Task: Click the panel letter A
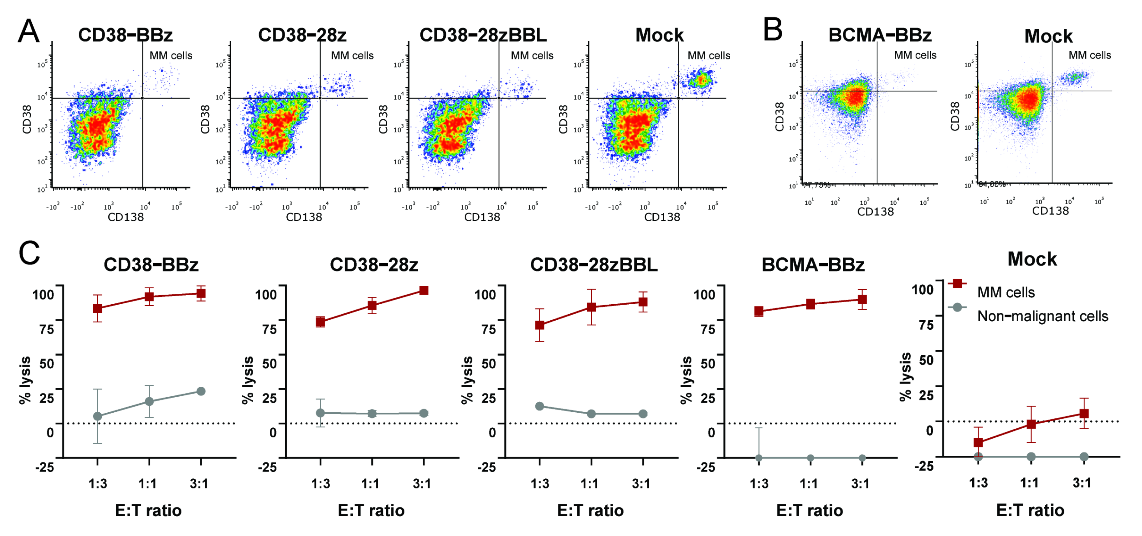coord(28,31)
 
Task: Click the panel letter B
coord(773,30)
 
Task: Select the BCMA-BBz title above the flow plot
coord(880,35)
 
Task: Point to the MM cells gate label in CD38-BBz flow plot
coord(171,55)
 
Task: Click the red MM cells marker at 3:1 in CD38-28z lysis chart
coord(424,291)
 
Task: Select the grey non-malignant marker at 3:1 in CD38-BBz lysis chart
coord(201,391)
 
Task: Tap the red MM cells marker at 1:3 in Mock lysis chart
coord(978,442)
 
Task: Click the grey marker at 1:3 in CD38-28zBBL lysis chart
coord(539,406)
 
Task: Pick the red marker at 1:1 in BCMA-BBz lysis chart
coord(810,304)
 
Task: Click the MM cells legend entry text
coord(1006,293)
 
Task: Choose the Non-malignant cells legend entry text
coord(1043,316)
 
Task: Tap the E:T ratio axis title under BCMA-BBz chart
coord(810,510)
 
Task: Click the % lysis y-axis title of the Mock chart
coord(905,377)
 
